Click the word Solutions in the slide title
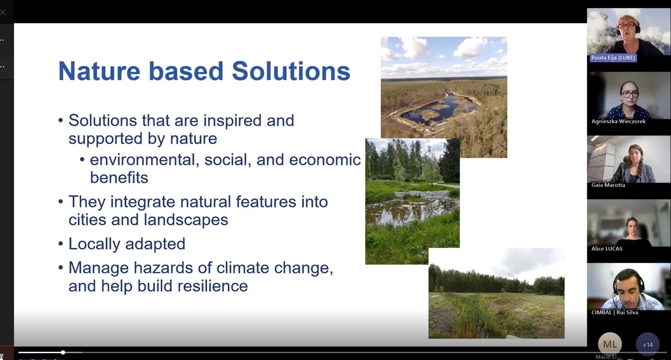click(x=291, y=71)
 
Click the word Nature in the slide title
click(x=99, y=71)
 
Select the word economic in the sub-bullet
click(x=325, y=160)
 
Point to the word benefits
click(x=119, y=178)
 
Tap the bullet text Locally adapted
click(x=127, y=244)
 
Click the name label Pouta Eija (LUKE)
click(x=613, y=58)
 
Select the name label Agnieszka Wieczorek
click(x=618, y=121)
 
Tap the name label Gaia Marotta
click(x=608, y=185)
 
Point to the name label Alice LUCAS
click(x=607, y=249)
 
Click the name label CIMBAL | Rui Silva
click(x=615, y=312)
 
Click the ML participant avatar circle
click(x=610, y=344)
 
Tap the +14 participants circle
click(x=647, y=345)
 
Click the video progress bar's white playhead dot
click(x=63, y=352)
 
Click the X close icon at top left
click(x=3, y=13)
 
